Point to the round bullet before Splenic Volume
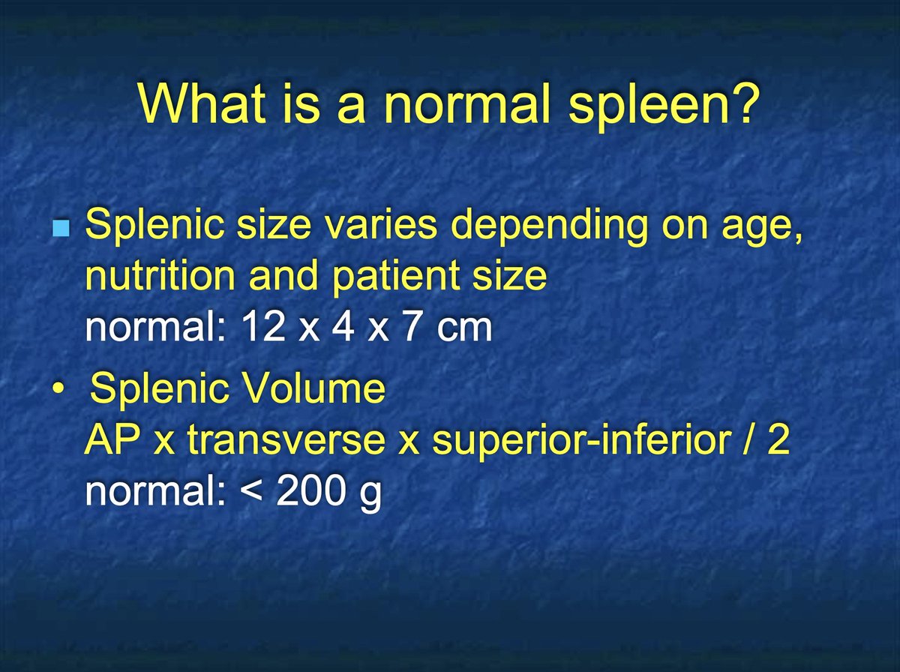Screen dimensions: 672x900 click(x=58, y=392)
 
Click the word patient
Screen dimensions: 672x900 click(x=391, y=277)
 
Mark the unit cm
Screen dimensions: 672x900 click(x=466, y=329)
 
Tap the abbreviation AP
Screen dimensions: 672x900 click(x=112, y=441)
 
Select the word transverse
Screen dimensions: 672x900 click(x=291, y=441)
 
